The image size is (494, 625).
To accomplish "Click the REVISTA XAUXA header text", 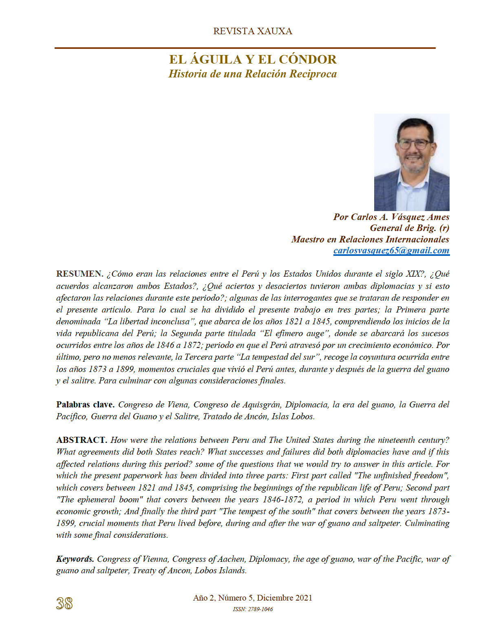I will (252, 31).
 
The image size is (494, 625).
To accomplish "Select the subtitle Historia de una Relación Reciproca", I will (252, 74).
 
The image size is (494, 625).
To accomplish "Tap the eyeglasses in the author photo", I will (413, 144).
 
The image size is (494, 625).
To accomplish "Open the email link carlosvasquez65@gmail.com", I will (391, 250).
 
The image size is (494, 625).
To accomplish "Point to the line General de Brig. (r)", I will (409, 228).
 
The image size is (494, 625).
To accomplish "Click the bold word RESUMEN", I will (79, 274).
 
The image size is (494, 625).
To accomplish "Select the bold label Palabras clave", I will (85, 405).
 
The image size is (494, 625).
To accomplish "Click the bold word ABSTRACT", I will (82, 440).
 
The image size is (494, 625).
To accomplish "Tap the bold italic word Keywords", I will (75, 559).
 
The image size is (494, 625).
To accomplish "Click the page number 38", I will (64, 603).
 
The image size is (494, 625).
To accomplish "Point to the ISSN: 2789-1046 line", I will (253, 610).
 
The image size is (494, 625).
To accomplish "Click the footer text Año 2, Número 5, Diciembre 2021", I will (252, 598).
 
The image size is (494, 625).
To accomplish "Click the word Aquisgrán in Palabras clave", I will (261, 405).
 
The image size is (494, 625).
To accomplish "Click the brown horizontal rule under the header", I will (245, 48).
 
